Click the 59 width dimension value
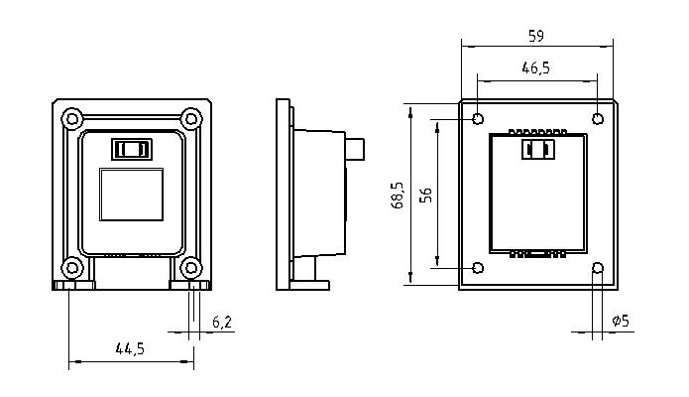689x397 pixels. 536,36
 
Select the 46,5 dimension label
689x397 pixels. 535,67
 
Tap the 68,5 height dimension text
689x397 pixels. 398,195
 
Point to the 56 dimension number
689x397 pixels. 425,195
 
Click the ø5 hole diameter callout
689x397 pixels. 621,321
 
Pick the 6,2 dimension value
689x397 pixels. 222,323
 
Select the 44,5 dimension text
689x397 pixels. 130,349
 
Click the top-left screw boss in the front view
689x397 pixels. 71,119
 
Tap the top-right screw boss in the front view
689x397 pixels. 191,119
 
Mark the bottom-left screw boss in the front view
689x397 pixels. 71,268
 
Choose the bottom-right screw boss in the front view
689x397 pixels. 191,268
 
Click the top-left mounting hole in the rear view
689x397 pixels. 478,119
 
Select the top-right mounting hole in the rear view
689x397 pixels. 598,119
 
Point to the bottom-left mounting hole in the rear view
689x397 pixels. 478,268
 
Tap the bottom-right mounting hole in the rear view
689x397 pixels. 598,268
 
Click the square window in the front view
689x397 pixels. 132,195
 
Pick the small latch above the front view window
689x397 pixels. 132,149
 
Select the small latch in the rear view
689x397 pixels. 538,149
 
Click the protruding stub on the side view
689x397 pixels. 355,149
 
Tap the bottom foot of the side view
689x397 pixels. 309,285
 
